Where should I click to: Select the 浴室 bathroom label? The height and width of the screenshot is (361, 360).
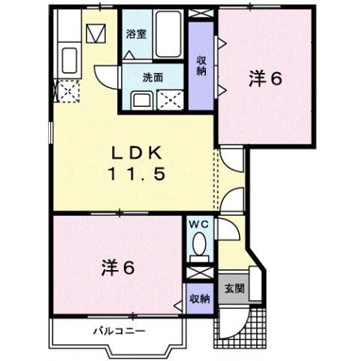(135, 35)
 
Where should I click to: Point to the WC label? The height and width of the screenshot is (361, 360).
(198, 224)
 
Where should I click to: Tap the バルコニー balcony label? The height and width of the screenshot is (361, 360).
(119, 331)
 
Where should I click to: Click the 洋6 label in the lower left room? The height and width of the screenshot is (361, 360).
(117, 266)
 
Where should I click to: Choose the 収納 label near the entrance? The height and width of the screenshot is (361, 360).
(199, 299)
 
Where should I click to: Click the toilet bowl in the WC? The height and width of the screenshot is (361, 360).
(199, 245)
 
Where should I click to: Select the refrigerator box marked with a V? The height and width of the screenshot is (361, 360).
(95, 35)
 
